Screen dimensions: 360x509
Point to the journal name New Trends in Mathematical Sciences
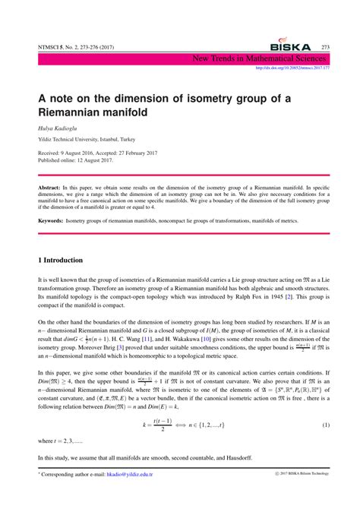(x=257, y=57)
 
